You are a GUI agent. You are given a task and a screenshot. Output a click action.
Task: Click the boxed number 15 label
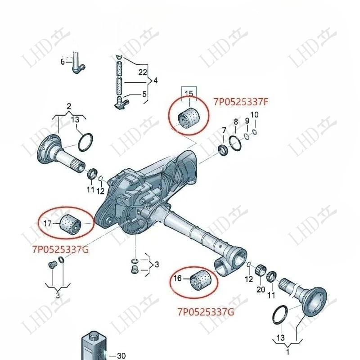pyautogui.click(x=189, y=94)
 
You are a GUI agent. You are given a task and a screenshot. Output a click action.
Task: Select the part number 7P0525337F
pyautogui.click(x=241, y=102)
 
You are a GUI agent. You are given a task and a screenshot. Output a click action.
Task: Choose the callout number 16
pyautogui.click(x=178, y=279)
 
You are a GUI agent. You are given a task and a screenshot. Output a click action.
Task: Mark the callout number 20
pyautogui.click(x=261, y=289)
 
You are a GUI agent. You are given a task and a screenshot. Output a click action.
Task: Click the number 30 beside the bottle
pyautogui.click(x=121, y=355)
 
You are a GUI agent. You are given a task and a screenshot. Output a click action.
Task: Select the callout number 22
pyautogui.click(x=143, y=72)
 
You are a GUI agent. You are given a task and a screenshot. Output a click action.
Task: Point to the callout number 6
pyautogui.click(x=63, y=62)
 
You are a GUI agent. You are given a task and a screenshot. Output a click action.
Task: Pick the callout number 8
pyautogui.click(x=235, y=121)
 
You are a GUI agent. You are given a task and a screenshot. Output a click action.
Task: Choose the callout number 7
pyautogui.click(x=224, y=130)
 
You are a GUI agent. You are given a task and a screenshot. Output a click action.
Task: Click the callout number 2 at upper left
pyautogui.click(x=69, y=107)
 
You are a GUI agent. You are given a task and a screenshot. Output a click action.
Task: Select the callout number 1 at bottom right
pyautogui.click(x=288, y=351)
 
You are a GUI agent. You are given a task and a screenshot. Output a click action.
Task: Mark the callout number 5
pyautogui.click(x=144, y=94)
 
